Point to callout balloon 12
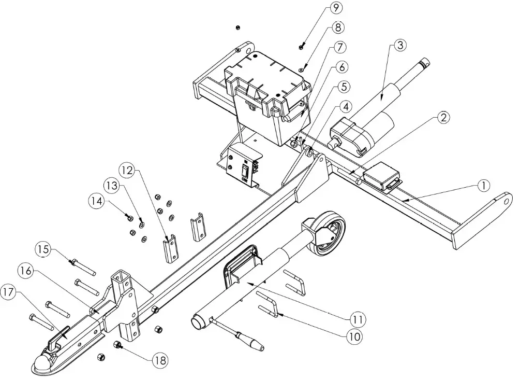pos(127,169)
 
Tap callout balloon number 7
pos(338,47)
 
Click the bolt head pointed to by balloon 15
pos(72,262)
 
